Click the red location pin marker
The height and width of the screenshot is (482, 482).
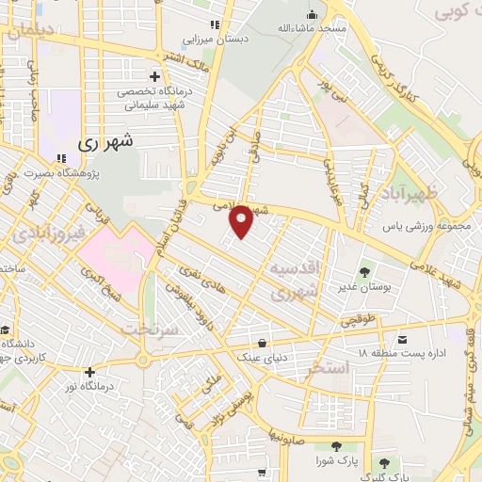pos(242,220)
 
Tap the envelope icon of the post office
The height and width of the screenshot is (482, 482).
pos(402,339)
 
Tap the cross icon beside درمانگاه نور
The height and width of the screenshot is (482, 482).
pos(89,373)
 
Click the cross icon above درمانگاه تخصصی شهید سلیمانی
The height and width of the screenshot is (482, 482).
pos(155,75)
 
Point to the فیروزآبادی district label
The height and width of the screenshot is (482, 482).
pos(40,231)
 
